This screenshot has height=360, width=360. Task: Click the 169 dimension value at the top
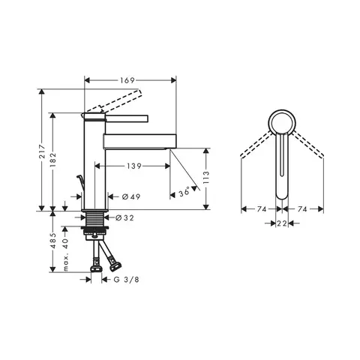pyautogui.click(x=127, y=80)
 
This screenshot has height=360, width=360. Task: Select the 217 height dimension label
pyautogui.click(x=43, y=151)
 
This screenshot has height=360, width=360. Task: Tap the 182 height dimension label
pyautogui.click(x=53, y=160)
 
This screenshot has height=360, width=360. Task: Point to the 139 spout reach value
pyautogui.click(x=134, y=166)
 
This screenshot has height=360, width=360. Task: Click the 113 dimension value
pyautogui.click(x=206, y=178)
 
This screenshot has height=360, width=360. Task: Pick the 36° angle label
pyautogui.click(x=184, y=193)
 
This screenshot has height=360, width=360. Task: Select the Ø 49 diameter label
pyautogui.click(x=131, y=197)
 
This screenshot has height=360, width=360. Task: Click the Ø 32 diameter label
pyautogui.click(x=124, y=218)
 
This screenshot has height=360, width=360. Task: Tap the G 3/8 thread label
pyautogui.click(x=126, y=280)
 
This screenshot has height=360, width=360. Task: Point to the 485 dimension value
pyautogui.click(x=53, y=241)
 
